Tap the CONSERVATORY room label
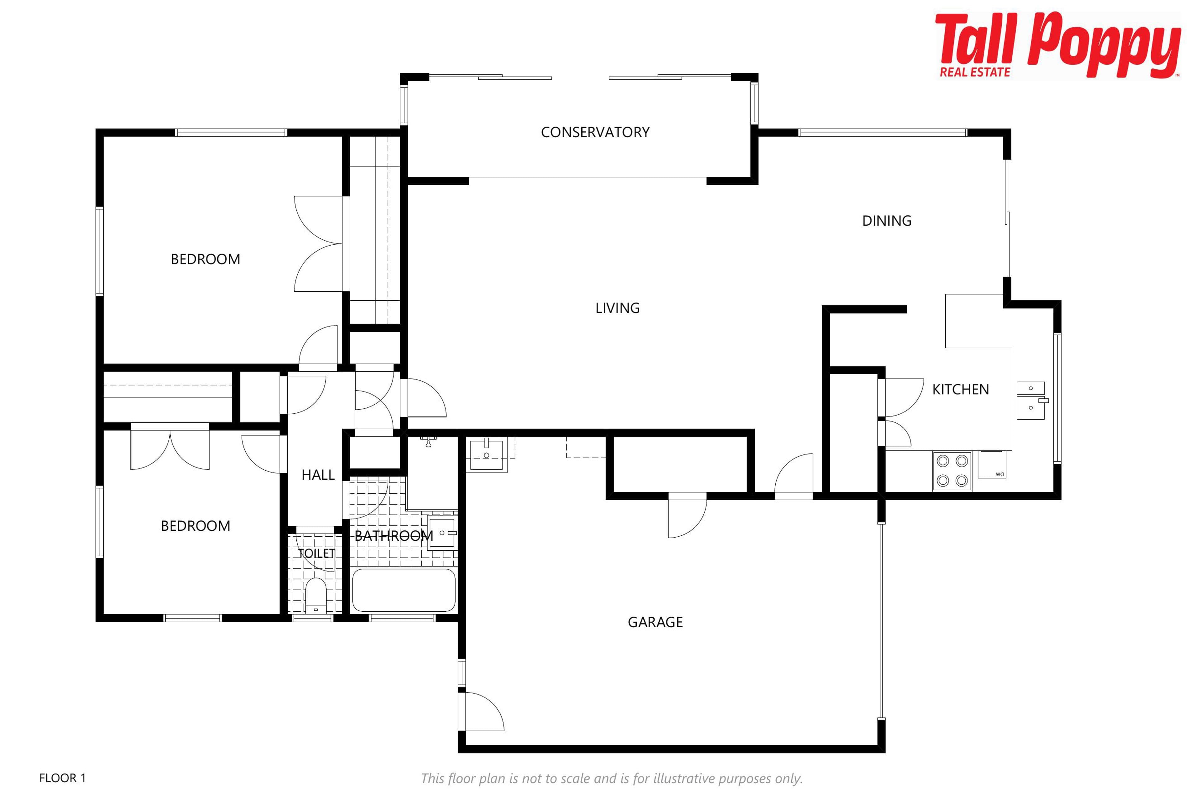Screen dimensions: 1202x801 (595, 132)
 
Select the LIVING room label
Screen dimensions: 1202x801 (617, 308)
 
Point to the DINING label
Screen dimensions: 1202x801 (887, 221)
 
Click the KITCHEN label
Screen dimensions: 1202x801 (960, 389)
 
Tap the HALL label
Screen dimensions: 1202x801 (318, 475)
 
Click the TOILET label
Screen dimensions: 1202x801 (316, 553)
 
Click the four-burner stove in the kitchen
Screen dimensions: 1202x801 (952, 471)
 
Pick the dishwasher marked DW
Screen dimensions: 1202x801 (992, 464)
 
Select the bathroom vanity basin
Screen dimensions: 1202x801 (442, 533)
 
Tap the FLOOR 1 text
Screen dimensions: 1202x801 (62, 778)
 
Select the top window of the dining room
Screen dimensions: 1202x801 (883, 133)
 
